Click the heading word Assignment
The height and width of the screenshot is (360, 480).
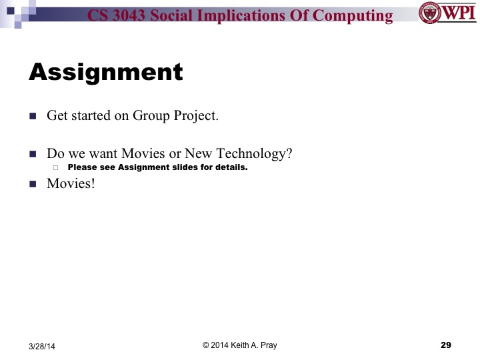coord(105,72)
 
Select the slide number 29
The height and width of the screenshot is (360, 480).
coord(446,345)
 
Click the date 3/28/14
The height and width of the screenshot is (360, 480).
coord(42,346)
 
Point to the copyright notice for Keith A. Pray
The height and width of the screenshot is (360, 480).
coord(240,345)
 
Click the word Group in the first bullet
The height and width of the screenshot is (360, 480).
coord(152,115)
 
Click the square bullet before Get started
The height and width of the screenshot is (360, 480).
coord(32,115)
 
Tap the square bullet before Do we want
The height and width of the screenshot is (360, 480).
coord(32,154)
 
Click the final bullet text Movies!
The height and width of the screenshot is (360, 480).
coord(71,183)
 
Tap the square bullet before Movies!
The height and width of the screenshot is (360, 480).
coord(32,183)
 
